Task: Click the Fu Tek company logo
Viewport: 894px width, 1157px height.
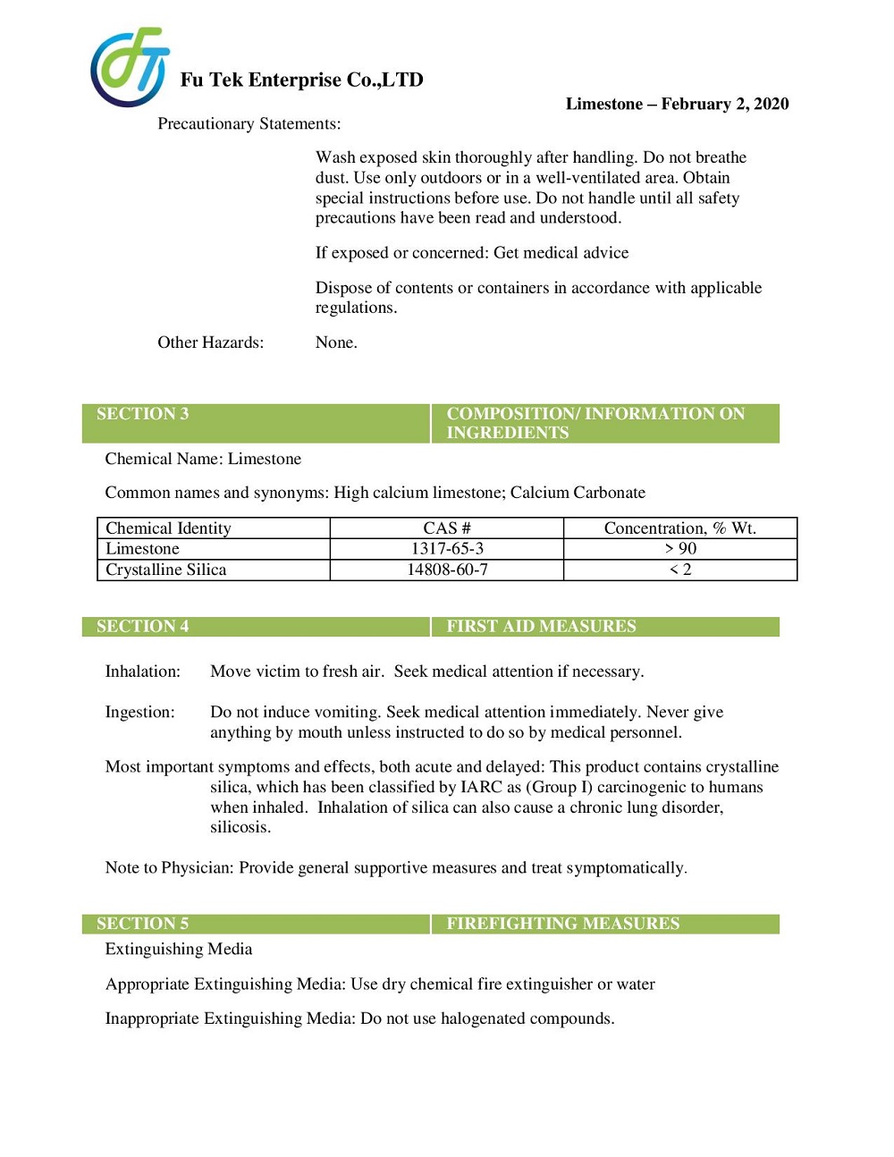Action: click(130, 67)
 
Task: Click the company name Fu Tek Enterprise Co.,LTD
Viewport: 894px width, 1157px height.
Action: click(301, 80)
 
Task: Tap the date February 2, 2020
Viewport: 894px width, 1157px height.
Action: click(724, 104)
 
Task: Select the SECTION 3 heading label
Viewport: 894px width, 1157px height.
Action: click(142, 414)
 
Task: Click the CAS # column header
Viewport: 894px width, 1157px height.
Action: click(447, 528)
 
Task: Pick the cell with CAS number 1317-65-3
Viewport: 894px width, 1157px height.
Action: click(447, 549)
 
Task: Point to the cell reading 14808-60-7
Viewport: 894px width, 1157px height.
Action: click(447, 570)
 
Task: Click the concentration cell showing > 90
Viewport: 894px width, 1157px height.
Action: click(680, 549)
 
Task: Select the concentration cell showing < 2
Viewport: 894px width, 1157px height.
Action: click(680, 570)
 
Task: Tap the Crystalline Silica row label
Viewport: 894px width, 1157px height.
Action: click(165, 570)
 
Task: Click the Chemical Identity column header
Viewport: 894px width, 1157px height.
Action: click(168, 528)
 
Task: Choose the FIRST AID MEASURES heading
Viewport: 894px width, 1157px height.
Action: click(541, 626)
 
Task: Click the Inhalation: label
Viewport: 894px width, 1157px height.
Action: click(142, 671)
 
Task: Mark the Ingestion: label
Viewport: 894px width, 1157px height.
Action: click(139, 712)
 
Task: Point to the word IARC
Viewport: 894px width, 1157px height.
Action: click(481, 787)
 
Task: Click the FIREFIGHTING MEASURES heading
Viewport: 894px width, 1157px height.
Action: click(562, 924)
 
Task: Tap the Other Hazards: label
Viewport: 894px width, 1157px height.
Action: click(210, 342)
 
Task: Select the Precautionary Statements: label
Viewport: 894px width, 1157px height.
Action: click(249, 123)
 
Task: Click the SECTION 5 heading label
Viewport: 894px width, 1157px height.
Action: click(142, 924)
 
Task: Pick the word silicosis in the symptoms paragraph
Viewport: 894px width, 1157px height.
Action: click(240, 827)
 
